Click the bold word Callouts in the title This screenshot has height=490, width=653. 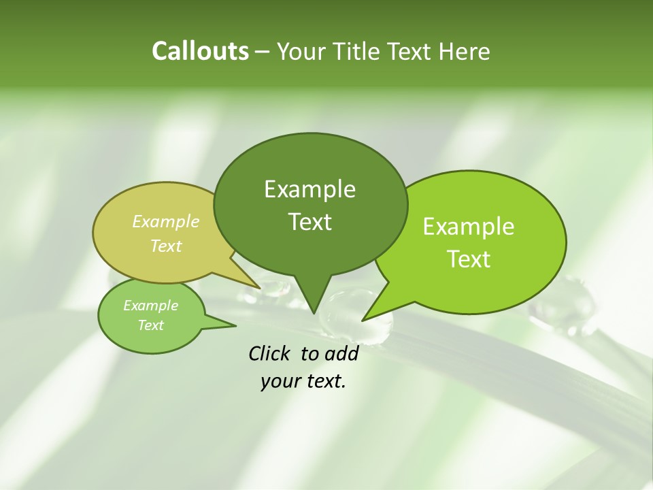[x=200, y=51]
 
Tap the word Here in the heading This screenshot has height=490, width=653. [x=465, y=52]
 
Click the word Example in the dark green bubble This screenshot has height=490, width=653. [x=309, y=189]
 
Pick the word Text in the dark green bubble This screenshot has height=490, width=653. [x=309, y=222]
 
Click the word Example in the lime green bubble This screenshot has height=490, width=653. [x=469, y=227]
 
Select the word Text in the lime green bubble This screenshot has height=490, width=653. [x=469, y=259]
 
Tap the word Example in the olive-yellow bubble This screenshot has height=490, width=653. [x=166, y=221]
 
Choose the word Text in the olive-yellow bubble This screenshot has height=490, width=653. [x=166, y=246]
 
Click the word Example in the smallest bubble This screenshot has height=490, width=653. [x=150, y=306]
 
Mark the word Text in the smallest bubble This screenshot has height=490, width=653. [x=150, y=325]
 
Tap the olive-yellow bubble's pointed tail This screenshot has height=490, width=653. [x=256, y=285]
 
